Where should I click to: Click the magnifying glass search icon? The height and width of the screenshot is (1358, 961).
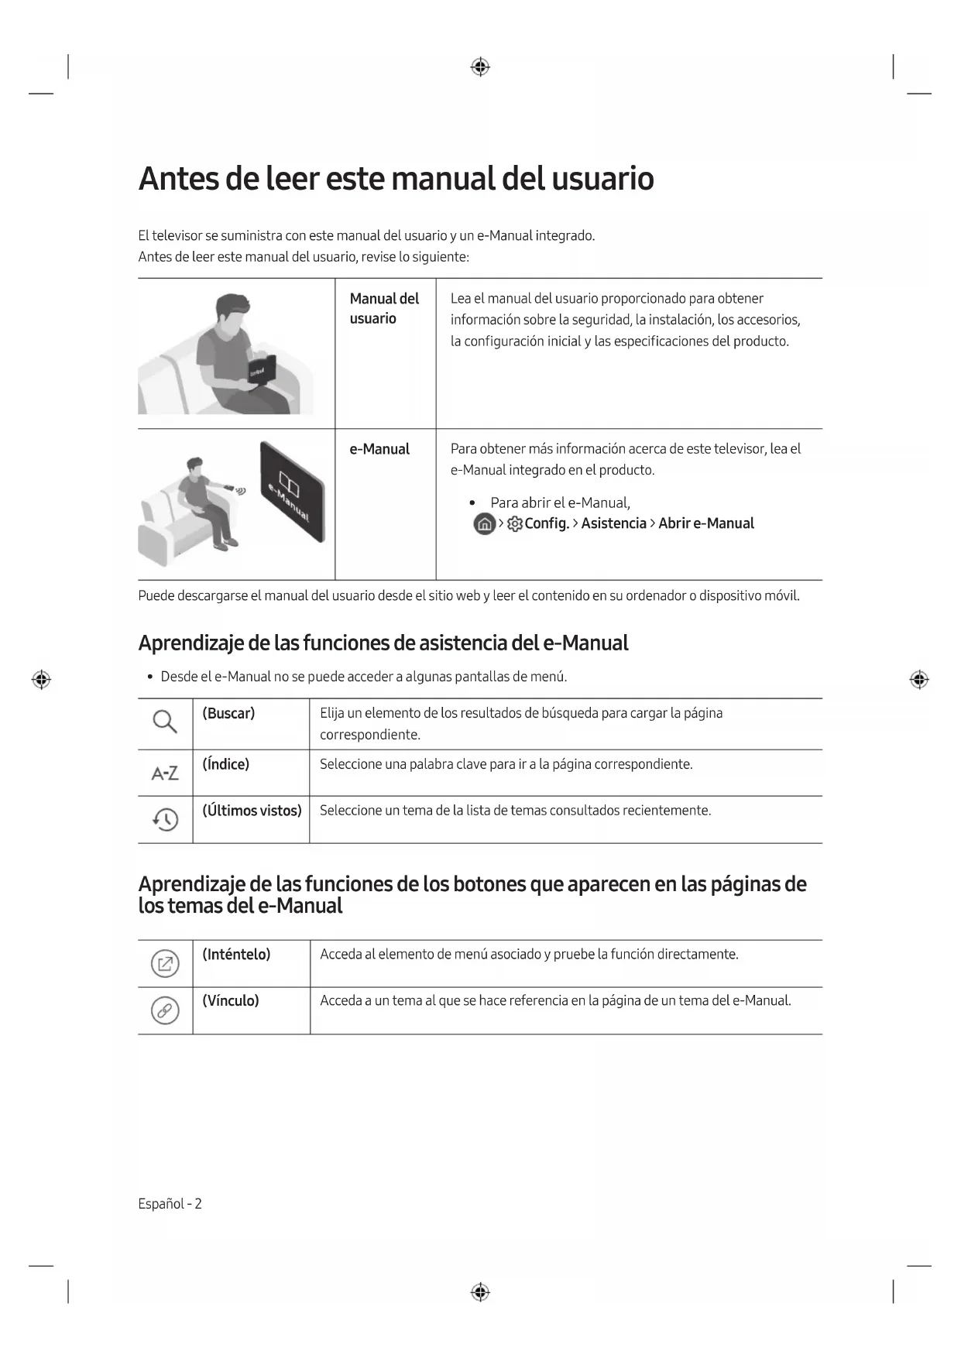(x=164, y=722)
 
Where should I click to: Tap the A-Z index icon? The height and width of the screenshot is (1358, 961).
(x=164, y=773)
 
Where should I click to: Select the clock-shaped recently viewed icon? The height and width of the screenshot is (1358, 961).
(x=165, y=819)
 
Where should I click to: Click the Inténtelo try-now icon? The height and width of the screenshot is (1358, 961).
(x=165, y=964)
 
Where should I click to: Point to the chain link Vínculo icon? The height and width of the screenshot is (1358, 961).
(x=165, y=1010)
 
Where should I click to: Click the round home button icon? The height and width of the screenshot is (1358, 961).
(x=484, y=524)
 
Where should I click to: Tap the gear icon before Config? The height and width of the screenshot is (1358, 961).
(x=515, y=524)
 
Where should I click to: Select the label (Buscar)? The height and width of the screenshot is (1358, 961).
(x=228, y=713)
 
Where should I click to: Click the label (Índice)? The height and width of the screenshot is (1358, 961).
(x=225, y=764)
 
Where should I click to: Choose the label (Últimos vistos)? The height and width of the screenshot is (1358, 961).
(x=252, y=811)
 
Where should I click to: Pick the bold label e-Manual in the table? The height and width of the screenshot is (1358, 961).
(x=379, y=449)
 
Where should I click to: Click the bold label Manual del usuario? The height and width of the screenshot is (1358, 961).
(x=383, y=308)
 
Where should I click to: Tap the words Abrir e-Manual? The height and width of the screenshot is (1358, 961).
(x=705, y=523)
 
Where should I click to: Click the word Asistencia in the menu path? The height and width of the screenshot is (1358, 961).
(x=613, y=523)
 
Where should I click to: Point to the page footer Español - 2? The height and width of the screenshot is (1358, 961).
(x=170, y=1203)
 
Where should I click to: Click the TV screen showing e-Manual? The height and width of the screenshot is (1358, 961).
(x=292, y=492)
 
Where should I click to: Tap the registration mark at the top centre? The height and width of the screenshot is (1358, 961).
(x=480, y=67)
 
